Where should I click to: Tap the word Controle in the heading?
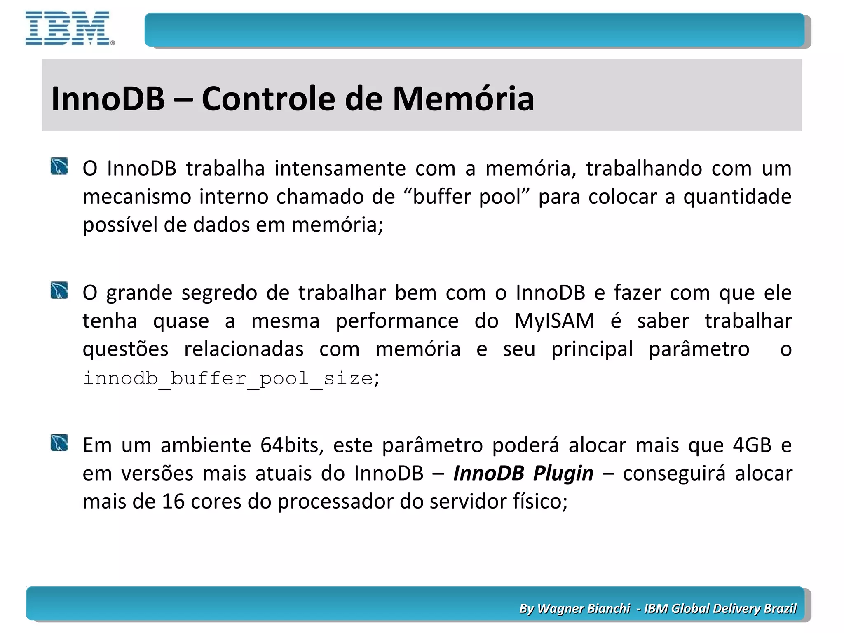(x=268, y=99)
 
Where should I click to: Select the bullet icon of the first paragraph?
(x=59, y=166)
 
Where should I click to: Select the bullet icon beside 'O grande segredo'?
(x=59, y=291)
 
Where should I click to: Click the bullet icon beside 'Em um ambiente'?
(x=59, y=443)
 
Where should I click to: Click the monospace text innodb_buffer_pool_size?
(x=228, y=378)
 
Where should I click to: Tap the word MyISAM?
(x=554, y=321)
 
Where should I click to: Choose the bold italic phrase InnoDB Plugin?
(x=523, y=473)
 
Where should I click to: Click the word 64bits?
(x=292, y=445)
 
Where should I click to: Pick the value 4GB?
(x=752, y=445)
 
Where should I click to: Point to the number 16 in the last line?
(x=173, y=502)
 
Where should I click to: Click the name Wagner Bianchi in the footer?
(x=584, y=608)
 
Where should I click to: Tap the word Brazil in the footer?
(x=780, y=608)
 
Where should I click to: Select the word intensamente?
(x=340, y=169)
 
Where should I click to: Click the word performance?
(x=397, y=321)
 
